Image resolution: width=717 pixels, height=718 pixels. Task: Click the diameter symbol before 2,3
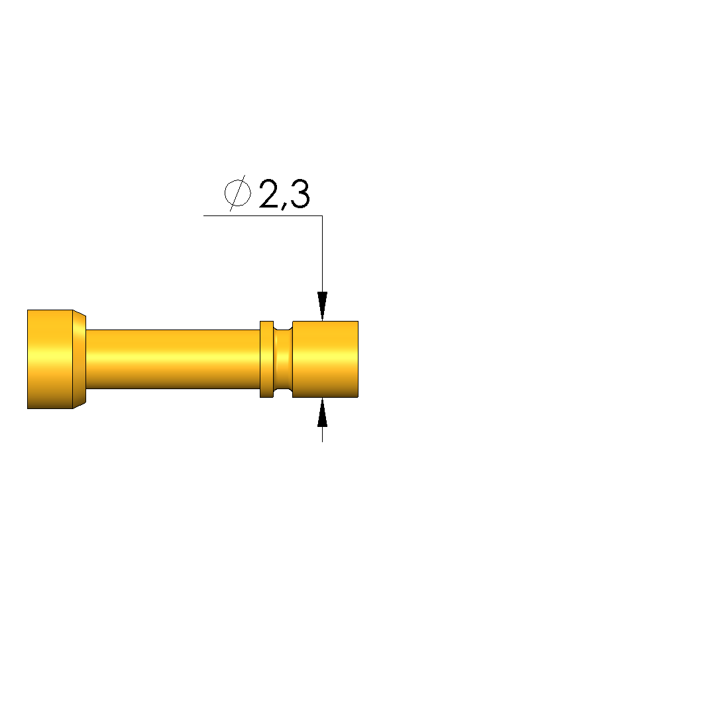[x=237, y=193]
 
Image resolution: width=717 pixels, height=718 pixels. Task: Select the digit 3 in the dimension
[x=300, y=194]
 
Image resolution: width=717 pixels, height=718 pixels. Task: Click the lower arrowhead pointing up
[x=323, y=412]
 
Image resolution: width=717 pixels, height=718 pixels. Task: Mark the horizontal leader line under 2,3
[x=263, y=215]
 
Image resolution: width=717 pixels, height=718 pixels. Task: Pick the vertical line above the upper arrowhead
[x=323, y=254]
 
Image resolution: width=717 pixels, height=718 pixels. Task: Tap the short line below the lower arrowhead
[x=323, y=434]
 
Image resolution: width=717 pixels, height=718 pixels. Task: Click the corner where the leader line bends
[x=323, y=215]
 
